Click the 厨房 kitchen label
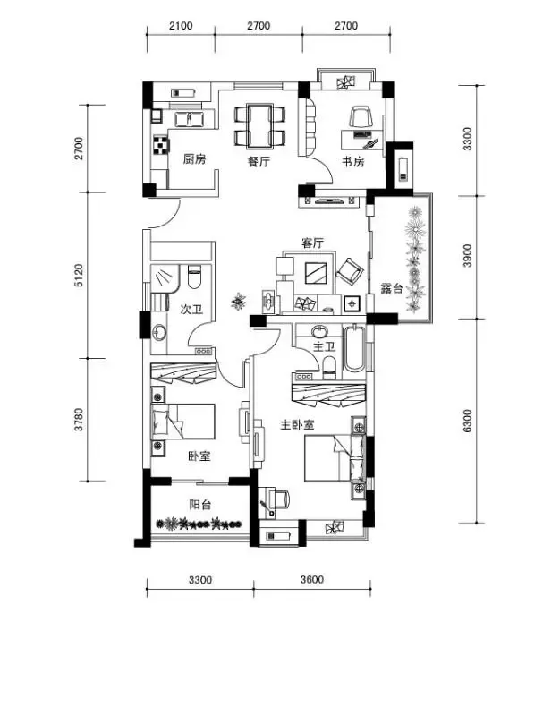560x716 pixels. [x=194, y=159]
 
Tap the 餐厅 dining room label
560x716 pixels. [x=259, y=162]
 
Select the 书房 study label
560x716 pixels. [x=353, y=161]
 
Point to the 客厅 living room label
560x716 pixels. [x=312, y=243]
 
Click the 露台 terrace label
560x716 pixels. [x=392, y=288]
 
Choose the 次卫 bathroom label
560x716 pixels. [x=191, y=309]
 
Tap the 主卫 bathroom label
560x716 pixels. [x=324, y=346]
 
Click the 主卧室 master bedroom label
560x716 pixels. [x=297, y=424]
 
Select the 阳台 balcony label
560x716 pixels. [x=200, y=505]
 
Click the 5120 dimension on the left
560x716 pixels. [x=80, y=275]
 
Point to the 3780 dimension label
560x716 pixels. [x=80, y=420]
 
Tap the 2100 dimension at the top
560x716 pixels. [x=181, y=26]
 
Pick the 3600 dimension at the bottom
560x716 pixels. [x=312, y=579]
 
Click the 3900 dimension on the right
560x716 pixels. [x=467, y=256]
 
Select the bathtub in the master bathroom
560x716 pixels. [x=354, y=348]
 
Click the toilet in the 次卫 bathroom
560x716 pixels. [x=194, y=277]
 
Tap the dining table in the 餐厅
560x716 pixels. [x=259, y=126]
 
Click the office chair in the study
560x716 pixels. [x=361, y=116]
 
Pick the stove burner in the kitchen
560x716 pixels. [x=161, y=145]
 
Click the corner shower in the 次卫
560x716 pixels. [x=165, y=278]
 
